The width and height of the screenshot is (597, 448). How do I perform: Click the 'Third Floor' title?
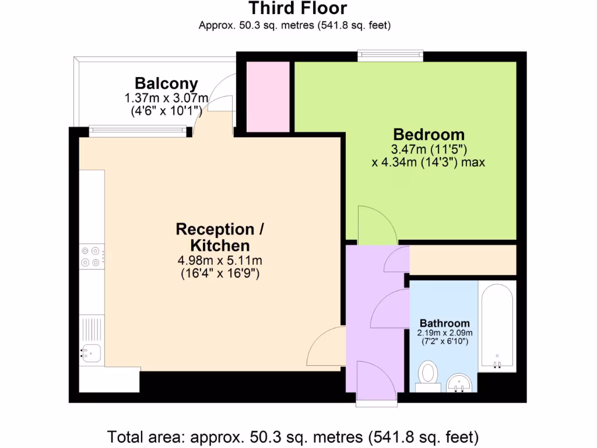298,9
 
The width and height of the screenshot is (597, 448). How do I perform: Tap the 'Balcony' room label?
166,83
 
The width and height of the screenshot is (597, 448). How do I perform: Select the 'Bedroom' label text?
428,134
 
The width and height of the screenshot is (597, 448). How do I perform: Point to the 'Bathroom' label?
445,323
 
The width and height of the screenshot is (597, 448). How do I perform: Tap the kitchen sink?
91,353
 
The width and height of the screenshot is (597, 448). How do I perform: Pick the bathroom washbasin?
461,383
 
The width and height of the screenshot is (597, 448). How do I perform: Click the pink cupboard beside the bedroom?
268,96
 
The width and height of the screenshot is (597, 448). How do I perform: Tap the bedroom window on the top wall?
390,55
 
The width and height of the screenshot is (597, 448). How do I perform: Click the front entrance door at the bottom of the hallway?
375,382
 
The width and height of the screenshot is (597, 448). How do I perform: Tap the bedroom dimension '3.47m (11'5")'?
428,149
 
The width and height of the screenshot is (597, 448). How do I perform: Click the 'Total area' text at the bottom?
293,436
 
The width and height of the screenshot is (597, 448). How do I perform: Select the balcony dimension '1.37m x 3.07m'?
166,97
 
